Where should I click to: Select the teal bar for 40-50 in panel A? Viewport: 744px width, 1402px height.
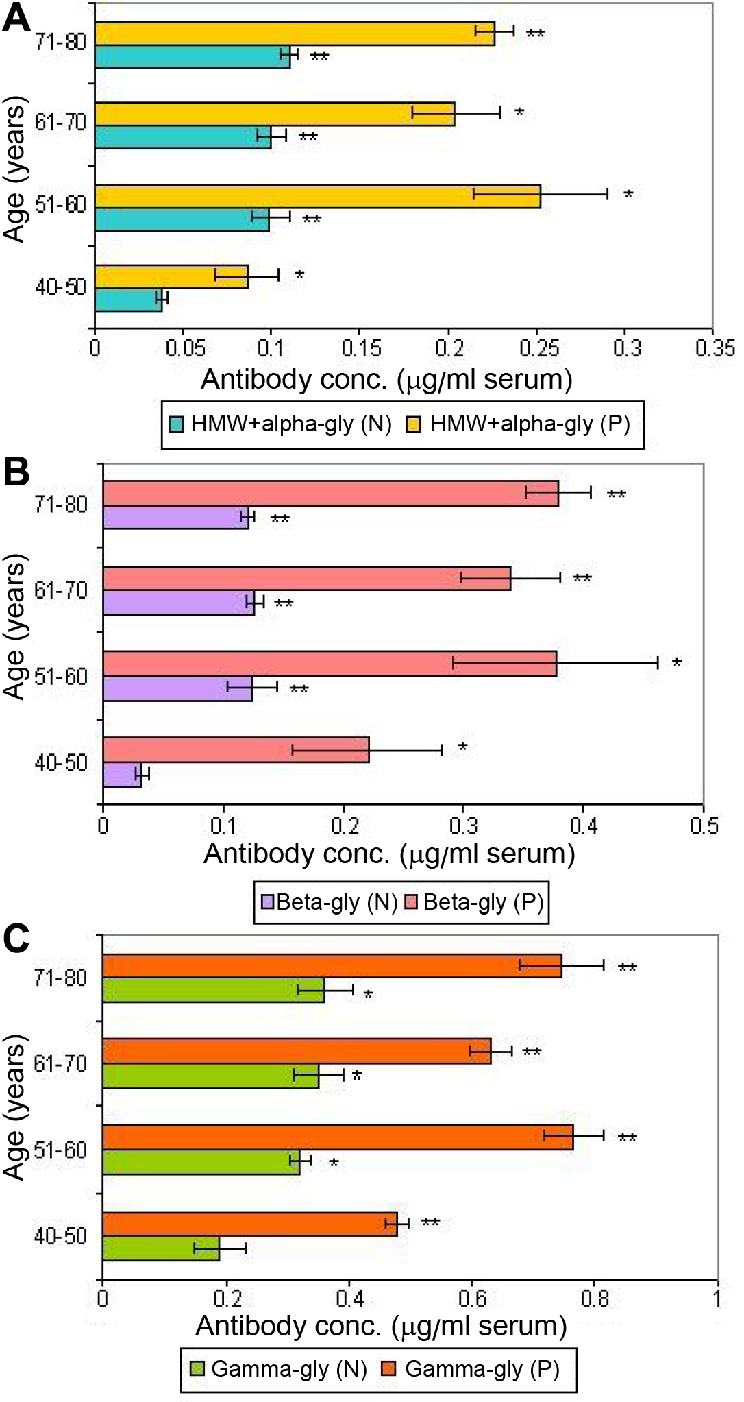129,300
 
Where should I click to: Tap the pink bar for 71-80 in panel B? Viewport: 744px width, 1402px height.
330,493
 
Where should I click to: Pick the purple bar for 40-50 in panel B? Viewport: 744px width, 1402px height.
123,775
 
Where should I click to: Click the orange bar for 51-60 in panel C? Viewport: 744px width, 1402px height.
338,1137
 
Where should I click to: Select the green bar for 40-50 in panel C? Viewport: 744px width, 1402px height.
161,1248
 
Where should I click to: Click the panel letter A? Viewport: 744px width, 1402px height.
16,18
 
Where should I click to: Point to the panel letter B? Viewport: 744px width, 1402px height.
16,472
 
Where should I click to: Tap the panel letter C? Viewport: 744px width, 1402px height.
16,939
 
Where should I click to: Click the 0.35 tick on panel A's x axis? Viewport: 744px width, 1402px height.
715,349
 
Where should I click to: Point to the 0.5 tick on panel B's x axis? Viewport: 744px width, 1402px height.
704,825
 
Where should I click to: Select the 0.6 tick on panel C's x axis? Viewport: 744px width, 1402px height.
471,1298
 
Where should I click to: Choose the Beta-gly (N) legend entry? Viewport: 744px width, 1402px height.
329,902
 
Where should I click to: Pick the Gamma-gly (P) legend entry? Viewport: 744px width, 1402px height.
473,1369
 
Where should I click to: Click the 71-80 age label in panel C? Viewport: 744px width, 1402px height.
61,978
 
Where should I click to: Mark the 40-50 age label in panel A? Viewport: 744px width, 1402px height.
61,287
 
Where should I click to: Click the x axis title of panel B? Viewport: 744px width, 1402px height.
389,854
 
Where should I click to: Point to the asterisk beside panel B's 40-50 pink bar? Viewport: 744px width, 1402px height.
462,747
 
